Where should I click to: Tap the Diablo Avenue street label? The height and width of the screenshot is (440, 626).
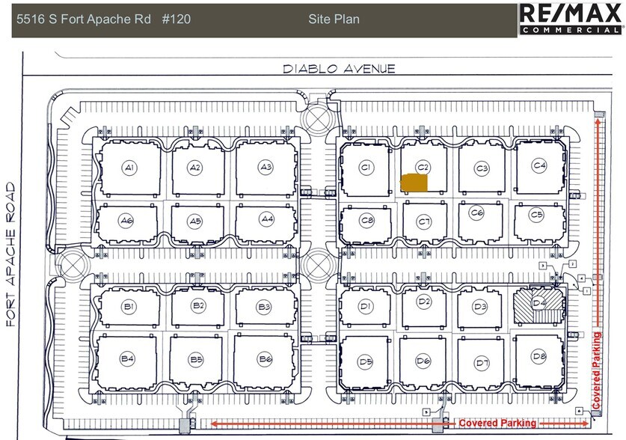[338, 69]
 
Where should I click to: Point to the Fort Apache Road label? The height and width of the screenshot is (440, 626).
[11, 255]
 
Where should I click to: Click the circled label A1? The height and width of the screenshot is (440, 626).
[129, 168]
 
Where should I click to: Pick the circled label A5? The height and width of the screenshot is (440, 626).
[195, 221]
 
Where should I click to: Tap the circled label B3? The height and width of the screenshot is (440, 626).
[263, 306]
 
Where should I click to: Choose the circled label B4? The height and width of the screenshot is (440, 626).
[128, 358]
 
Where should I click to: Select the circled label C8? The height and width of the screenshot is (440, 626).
[366, 221]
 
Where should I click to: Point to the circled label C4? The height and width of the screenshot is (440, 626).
[539, 165]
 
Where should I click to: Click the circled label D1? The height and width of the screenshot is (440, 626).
[365, 306]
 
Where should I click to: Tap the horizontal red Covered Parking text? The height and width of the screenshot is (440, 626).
[497, 424]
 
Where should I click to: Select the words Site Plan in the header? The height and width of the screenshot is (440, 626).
[334, 19]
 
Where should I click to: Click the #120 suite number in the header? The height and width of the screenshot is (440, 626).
[176, 19]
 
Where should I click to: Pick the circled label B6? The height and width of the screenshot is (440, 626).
[266, 358]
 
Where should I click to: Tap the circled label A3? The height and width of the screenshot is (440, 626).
[266, 166]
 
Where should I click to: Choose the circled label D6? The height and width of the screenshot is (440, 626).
[423, 362]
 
